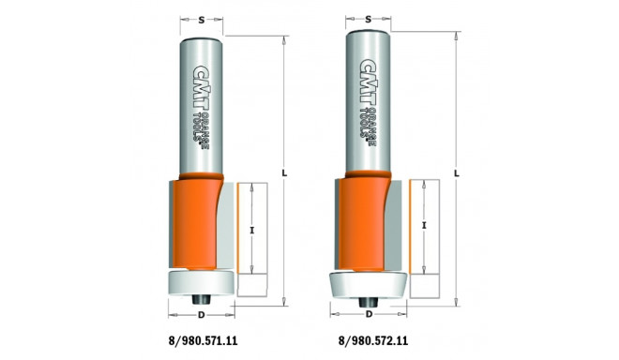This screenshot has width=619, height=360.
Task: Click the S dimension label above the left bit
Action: coord(202,20)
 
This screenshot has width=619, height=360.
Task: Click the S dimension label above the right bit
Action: coord(369,19)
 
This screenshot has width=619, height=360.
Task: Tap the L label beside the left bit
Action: coord(284,172)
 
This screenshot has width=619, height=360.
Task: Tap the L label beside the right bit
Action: coord(457,172)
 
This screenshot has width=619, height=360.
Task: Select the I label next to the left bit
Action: coord(252,230)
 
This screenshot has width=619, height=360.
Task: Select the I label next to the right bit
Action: coord(424,225)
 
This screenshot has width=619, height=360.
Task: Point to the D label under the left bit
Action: coord(202,315)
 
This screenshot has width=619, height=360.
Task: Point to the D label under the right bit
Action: coord(370,314)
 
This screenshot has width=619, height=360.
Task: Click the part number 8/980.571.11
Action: coord(203,340)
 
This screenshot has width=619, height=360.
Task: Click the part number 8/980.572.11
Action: coord(373,340)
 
